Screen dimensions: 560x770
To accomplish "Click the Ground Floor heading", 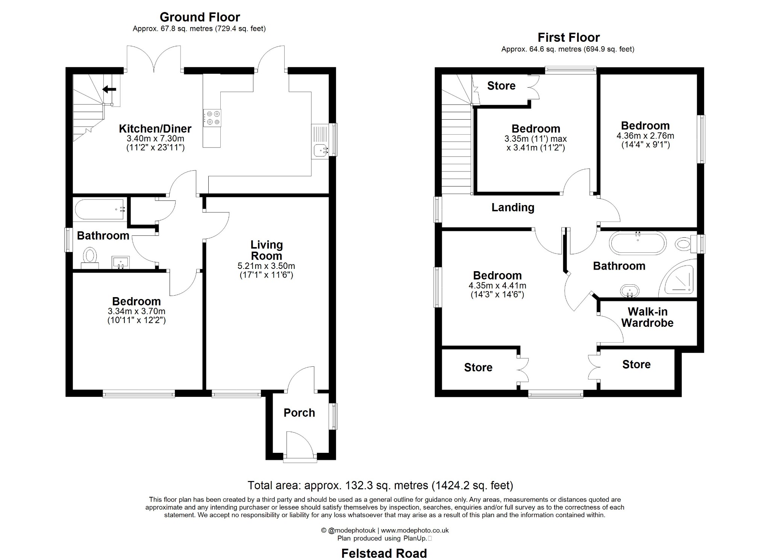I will pyautogui.click(x=200, y=17).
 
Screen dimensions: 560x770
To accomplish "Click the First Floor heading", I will pyautogui.click(x=568, y=38).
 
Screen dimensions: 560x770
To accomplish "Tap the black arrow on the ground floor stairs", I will pyautogui.click(x=110, y=90).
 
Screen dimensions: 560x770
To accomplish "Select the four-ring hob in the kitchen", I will pyautogui.click(x=212, y=118).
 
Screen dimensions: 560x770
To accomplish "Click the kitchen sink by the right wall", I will pyautogui.click(x=320, y=150).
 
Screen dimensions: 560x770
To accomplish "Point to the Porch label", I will pyautogui.click(x=299, y=413).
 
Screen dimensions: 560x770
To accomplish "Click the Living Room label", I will pyautogui.click(x=267, y=250).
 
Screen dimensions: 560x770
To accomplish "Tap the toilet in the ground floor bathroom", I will pyautogui.click(x=90, y=257).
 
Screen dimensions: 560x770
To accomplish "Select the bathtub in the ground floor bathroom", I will pyautogui.click(x=100, y=209).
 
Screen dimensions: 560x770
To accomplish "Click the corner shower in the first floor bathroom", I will pyautogui.click(x=679, y=279).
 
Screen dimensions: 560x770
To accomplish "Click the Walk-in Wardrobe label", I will pyautogui.click(x=647, y=317).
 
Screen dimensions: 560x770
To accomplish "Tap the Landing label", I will pyautogui.click(x=513, y=207).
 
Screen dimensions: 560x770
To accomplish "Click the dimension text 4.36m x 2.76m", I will pyautogui.click(x=645, y=136).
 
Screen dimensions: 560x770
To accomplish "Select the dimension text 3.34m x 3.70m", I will pyautogui.click(x=136, y=311).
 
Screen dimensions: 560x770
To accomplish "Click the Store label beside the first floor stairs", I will pyautogui.click(x=501, y=86).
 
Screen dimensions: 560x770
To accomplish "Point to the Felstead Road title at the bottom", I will pyautogui.click(x=384, y=553).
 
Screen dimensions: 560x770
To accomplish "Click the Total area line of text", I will pyautogui.click(x=380, y=486).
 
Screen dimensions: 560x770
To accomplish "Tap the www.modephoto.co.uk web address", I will pyautogui.click(x=415, y=530).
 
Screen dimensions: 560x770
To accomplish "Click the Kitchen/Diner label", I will pyautogui.click(x=155, y=129).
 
